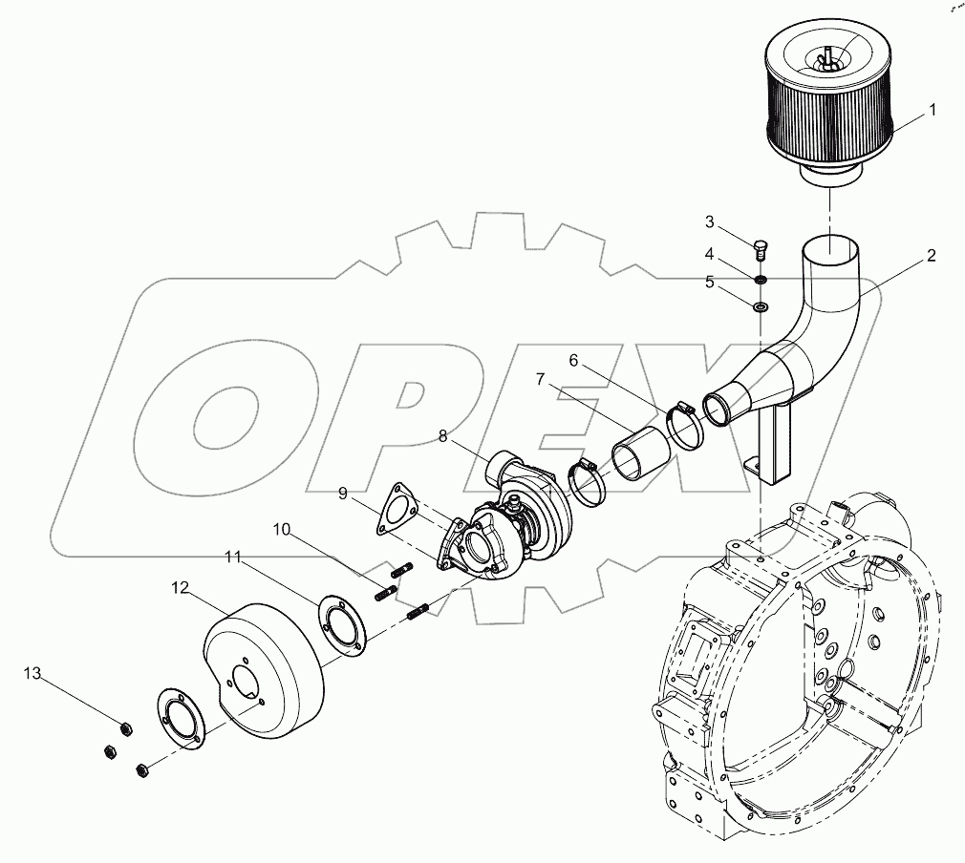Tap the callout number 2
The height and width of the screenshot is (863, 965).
click(931, 255)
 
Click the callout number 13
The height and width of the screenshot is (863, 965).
click(33, 674)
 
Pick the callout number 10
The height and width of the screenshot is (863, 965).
click(284, 528)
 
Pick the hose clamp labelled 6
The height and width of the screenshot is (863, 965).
click(682, 424)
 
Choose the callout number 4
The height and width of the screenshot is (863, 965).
click(710, 254)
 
